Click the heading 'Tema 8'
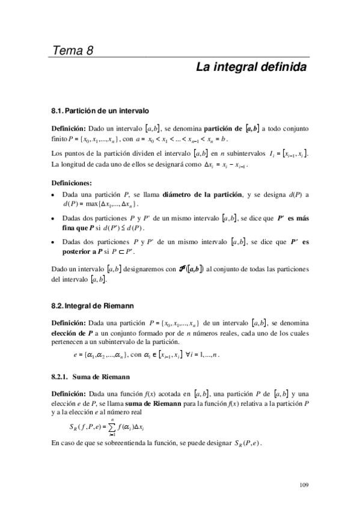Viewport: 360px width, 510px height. (x=72, y=50)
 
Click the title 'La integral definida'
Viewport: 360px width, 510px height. (x=251, y=67)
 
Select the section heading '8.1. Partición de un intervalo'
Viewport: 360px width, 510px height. (x=100, y=111)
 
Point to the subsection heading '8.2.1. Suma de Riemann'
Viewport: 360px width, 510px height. (x=88, y=377)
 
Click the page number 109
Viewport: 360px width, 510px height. (x=303, y=485)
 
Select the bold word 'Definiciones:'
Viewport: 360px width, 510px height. (x=72, y=182)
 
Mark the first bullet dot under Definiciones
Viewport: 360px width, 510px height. (x=55, y=194)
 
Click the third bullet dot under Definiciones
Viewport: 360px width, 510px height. (x=55, y=242)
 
